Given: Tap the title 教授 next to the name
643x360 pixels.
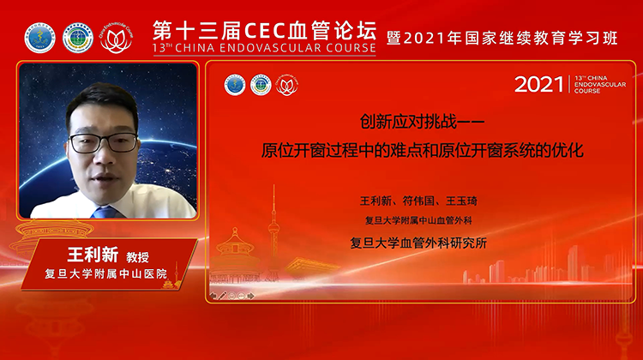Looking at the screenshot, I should tap(139, 257).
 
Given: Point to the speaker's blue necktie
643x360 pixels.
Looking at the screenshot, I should tap(105, 211).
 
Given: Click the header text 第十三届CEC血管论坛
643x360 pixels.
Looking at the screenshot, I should tap(264, 28).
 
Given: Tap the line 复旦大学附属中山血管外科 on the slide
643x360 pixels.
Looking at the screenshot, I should tap(423, 221).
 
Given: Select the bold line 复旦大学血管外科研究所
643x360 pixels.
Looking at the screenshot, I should tap(423, 243).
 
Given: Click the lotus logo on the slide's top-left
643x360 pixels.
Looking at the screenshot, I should tap(287, 85).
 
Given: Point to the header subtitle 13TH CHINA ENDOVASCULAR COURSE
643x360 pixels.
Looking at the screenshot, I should tap(264, 48).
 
